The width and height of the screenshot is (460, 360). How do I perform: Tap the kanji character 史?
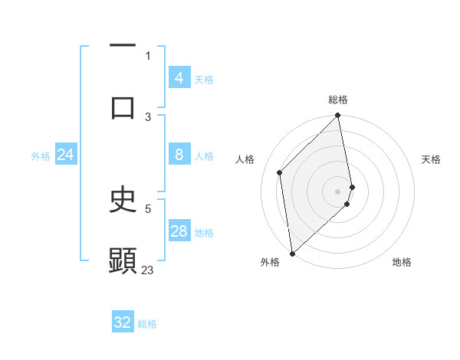(x=123, y=201)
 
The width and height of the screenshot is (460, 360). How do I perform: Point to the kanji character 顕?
(x=123, y=260)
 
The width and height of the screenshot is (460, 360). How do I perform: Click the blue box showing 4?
(x=179, y=77)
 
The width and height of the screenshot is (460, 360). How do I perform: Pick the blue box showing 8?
(x=179, y=155)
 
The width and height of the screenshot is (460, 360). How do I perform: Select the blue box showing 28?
(x=179, y=231)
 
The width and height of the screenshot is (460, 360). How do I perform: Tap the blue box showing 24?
(x=66, y=155)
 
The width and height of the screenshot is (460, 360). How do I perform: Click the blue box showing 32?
(x=123, y=322)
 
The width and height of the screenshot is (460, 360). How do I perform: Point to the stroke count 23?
(x=148, y=270)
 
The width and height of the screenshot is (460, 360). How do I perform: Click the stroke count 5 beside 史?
(x=148, y=208)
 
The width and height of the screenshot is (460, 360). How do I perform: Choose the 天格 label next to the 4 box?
(x=204, y=79)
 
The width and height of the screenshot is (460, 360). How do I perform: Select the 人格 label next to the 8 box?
(x=204, y=155)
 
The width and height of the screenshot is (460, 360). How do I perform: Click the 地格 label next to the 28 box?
(x=204, y=232)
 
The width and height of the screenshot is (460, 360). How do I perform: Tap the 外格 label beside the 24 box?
(x=41, y=155)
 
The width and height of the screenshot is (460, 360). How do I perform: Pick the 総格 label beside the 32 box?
(x=147, y=323)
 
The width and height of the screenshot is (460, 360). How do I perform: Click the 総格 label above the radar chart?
(x=338, y=100)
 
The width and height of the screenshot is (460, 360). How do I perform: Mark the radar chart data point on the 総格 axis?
(x=338, y=116)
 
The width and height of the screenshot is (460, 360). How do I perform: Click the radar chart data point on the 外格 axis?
(x=292, y=253)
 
